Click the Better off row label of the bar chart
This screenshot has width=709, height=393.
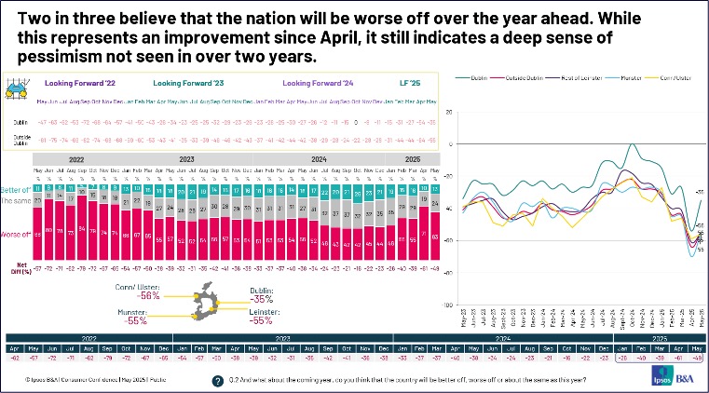click(17, 189)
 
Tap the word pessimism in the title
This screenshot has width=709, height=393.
click(57, 57)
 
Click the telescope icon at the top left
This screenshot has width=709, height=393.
click(16, 90)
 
